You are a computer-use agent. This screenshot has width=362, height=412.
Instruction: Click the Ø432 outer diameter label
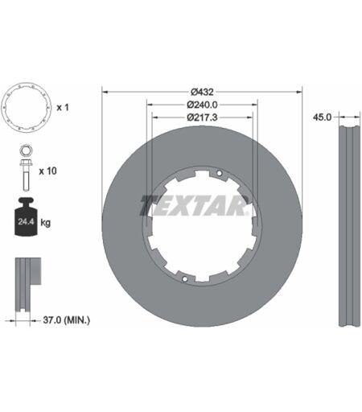click(x=202, y=92)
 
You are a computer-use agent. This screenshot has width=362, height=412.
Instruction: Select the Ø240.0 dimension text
click(x=202, y=105)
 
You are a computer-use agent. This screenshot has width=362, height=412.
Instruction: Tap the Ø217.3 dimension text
click(x=202, y=117)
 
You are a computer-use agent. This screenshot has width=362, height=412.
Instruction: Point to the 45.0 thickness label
click(x=322, y=117)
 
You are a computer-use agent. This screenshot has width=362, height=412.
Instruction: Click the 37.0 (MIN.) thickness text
click(x=67, y=319)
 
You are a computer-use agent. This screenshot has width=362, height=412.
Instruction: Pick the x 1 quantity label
click(x=63, y=108)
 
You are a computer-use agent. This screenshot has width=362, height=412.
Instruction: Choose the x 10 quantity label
click(x=47, y=171)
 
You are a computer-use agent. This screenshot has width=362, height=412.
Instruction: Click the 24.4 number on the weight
click(x=26, y=222)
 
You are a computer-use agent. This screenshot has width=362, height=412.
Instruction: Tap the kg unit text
click(x=45, y=223)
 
